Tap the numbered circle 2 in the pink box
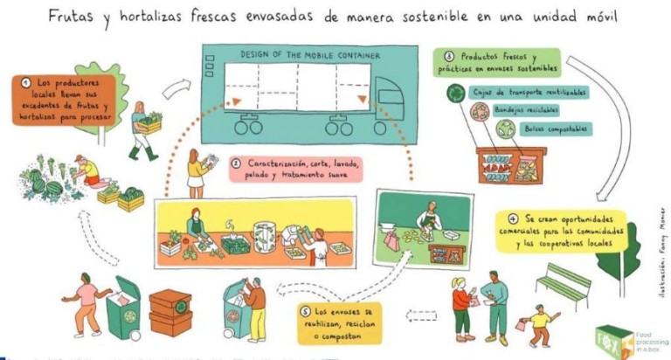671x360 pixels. [236, 163]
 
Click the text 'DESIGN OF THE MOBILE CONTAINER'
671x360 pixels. [310, 56]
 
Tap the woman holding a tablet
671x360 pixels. [197, 171]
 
